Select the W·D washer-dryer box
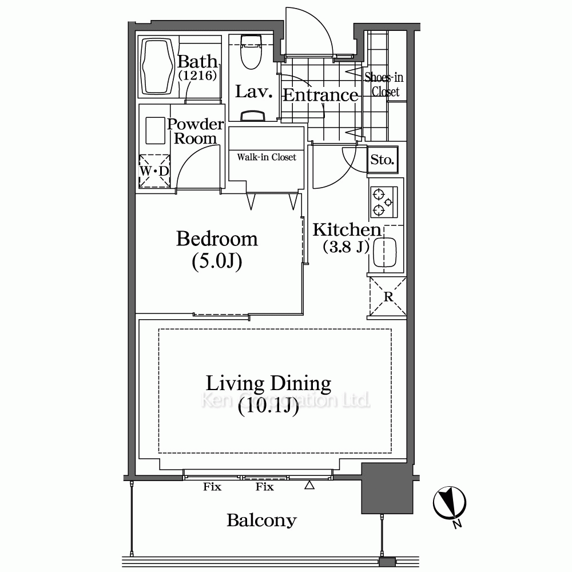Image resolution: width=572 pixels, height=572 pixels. (x=154, y=171)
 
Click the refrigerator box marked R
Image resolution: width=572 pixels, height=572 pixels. (x=388, y=296)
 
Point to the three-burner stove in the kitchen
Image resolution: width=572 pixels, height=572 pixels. (x=384, y=202)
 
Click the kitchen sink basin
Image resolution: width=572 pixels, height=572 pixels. (x=385, y=252)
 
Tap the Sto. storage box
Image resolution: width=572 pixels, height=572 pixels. (x=382, y=160)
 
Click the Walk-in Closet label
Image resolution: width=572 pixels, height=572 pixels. (x=267, y=157)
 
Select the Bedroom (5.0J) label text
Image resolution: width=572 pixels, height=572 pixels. (x=217, y=250)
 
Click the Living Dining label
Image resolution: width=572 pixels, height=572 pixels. (x=268, y=383)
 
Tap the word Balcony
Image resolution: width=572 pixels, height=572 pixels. (x=261, y=521)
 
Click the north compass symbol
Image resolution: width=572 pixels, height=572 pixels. (x=450, y=504)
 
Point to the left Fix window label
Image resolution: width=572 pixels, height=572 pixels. (x=212, y=487)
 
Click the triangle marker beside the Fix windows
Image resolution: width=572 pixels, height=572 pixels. (x=309, y=485)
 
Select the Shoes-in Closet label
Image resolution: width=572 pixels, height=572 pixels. (x=384, y=84)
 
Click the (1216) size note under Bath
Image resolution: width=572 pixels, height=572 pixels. (x=198, y=75)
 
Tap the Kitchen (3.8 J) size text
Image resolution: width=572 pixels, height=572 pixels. (x=346, y=247)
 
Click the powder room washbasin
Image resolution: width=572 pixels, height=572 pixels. (x=155, y=130)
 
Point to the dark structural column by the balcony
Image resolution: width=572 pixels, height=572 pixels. (x=387, y=488)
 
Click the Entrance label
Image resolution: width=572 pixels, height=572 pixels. (x=321, y=95)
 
